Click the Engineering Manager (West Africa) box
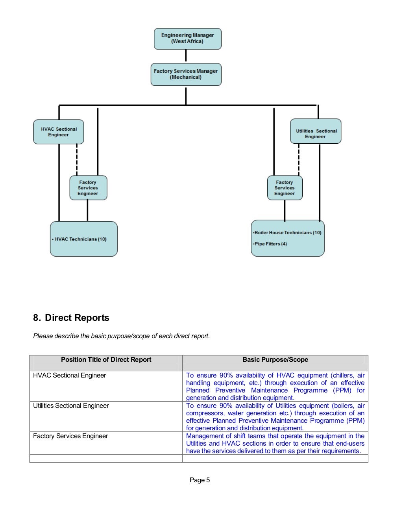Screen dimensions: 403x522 [188, 39]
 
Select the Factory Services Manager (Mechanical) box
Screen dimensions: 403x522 [186, 74]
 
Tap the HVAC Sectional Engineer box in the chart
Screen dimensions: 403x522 [59, 132]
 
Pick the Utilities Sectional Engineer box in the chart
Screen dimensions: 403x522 [316, 131]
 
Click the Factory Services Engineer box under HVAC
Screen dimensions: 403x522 [89, 188]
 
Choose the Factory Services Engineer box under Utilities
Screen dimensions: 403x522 [285, 188]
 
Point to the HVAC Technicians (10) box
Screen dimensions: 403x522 [84, 239]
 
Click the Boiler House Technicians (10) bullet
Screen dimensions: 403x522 [287, 233]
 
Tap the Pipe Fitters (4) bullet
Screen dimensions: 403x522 [270, 244]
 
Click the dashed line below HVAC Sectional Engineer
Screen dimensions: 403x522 [77, 160]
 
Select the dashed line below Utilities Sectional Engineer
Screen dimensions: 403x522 [299, 160]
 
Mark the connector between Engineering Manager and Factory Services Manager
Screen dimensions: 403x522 [186, 56]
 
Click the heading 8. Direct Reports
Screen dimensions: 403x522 [71, 318]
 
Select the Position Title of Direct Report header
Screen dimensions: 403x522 [106, 359]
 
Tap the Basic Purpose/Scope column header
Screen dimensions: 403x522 [275, 359]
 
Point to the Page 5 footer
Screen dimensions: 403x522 [200, 480]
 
